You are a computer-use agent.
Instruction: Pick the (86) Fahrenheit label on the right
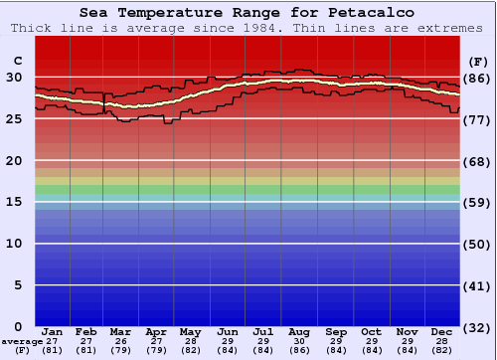[478, 78]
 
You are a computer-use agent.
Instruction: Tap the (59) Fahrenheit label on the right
[478, 203]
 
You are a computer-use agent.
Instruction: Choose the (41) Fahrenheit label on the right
[478, 285]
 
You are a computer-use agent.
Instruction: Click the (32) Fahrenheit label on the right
[478, 327]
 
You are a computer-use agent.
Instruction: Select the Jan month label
[53, 331]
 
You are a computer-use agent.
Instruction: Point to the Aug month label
[299, 331]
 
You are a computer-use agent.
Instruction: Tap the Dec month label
[441, 331]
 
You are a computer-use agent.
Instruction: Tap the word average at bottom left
[21, 340]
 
